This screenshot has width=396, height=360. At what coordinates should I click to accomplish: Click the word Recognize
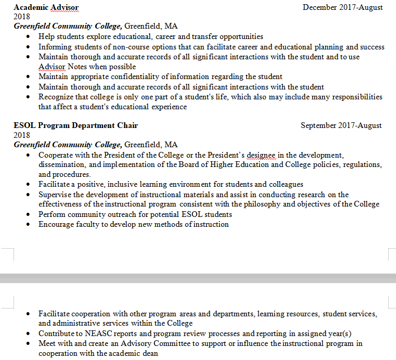(x=56, y=97)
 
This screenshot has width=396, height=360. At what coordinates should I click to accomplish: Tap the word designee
(x=261, y=155)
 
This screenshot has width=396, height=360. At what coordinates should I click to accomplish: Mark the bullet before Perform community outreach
(x=28, y=214)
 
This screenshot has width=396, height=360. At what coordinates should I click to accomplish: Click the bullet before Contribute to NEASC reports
(x=28, y=333)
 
